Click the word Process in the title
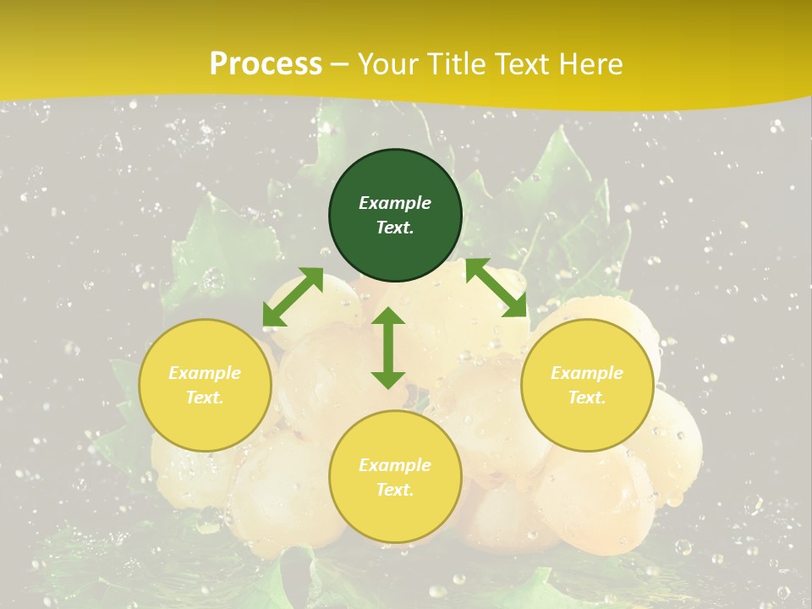click(x=266, y=64)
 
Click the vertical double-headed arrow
click(x=388, y=348)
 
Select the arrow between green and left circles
click(x=293, y=297)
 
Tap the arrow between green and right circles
click(x=497, y=288)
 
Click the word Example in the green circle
click(x=395, y=203)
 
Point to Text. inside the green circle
click(x=395, y=228)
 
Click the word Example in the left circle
click(x=205, y=373)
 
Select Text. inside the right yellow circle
click(x=587, y=398)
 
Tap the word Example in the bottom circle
click(x=395, y=465)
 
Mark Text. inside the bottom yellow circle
click(x=395, y=490)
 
